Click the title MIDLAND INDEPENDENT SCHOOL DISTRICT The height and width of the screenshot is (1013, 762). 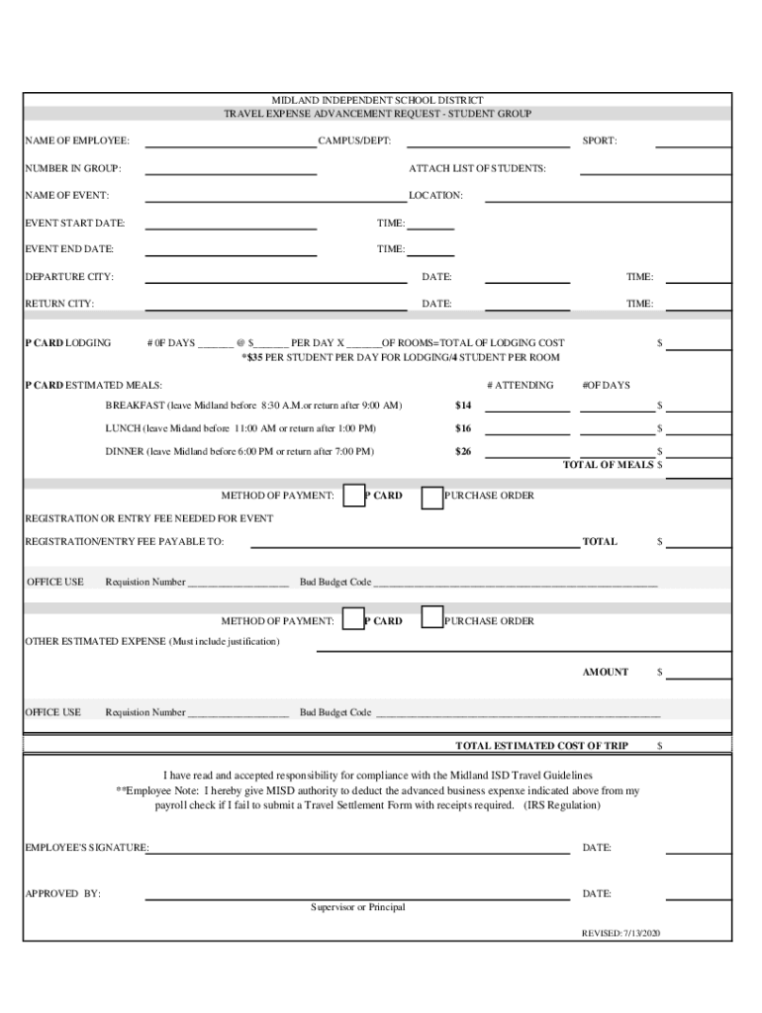(377, 102)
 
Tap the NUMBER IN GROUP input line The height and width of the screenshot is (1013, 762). (231, 173)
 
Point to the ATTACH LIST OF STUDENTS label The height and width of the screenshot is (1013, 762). (477, 168)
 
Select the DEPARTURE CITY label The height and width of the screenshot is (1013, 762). (69, 277)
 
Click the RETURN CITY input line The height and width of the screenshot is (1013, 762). (276, 309)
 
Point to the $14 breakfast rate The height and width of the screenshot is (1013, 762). (463, 406)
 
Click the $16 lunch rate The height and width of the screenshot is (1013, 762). (463, 428)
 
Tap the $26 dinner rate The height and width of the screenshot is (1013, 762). (463, 452)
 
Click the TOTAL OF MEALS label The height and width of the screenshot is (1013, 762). (608, 465)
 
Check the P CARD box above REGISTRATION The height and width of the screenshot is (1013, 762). (353, 497)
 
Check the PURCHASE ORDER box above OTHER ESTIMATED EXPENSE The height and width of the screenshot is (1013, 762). (431, 618)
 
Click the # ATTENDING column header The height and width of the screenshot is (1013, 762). (521, 385)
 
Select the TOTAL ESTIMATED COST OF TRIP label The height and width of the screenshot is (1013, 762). (541, 745)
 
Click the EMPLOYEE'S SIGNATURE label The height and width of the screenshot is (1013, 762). (86, 848)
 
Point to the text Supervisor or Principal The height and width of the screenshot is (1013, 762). (357, 907)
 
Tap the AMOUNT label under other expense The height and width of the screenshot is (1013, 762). (605, 673)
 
